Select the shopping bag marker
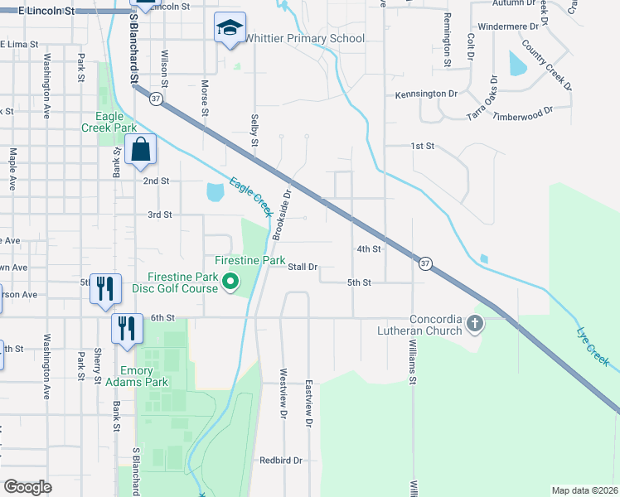coord(141,152)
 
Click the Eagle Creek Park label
coord(109,123)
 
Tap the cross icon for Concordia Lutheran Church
coord(475,324)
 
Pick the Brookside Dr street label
coord(283,214)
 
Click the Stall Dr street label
coord(303,267)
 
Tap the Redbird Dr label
coord(280,460)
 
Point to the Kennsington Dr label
coord(426,94)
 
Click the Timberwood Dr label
coord(522,113)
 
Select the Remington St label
coord(446,39)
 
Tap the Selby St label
coord(254,130)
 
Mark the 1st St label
coord(423,146)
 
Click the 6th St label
coord(162,317)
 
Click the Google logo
coord(27,487)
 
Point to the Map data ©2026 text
coord(584,490)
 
